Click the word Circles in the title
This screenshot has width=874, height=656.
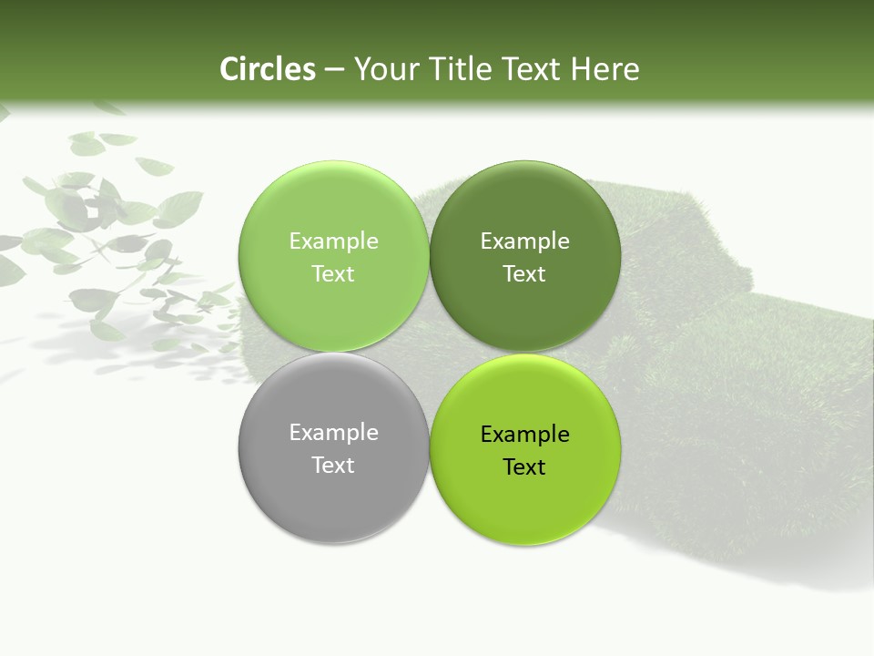[267, 69]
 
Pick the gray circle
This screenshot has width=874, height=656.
[333, 492]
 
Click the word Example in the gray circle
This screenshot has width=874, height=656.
[333, 433]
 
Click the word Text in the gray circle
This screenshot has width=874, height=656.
[333, 466]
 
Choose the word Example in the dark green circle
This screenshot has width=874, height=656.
[525, 241]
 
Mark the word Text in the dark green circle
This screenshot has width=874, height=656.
[525, 274]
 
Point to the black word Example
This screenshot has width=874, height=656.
[525, 435]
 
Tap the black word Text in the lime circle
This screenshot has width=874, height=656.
[525, 467]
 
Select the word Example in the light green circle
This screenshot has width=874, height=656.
[333, 241]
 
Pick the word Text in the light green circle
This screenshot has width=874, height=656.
[333, 274]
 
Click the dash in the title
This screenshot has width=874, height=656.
[334, 70]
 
